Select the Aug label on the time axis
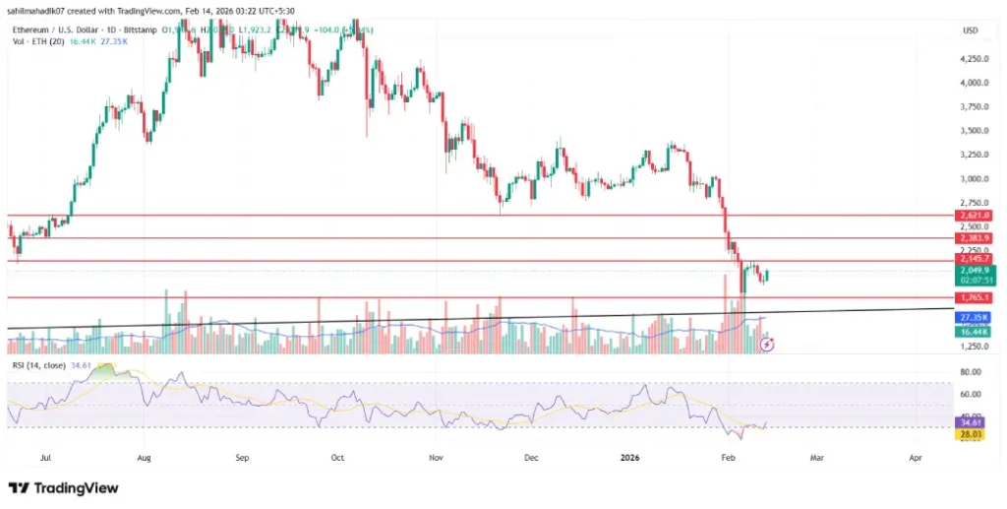[145, 458]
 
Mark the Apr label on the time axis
[916, 458]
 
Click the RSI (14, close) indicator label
[41, 365]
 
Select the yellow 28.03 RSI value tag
[971, 434]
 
